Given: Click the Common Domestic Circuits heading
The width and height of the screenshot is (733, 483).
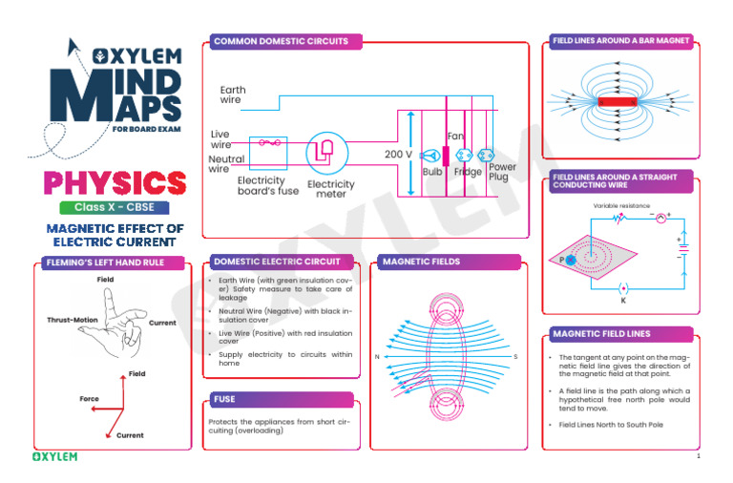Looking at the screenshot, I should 286,42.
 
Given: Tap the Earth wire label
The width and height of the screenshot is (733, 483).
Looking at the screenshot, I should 232,94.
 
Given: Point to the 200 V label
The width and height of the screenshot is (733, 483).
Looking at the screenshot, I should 398,154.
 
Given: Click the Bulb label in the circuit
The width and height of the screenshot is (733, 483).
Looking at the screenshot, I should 432,172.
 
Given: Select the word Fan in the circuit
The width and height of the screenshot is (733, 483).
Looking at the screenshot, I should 455,137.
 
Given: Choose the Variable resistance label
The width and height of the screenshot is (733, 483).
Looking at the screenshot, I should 620,205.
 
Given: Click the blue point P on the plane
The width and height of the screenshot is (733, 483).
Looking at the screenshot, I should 570,259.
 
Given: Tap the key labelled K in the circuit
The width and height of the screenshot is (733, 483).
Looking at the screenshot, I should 623,287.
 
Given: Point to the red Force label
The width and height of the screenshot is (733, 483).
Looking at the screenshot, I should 89,399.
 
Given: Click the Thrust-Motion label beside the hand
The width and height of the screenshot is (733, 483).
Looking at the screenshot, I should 73,320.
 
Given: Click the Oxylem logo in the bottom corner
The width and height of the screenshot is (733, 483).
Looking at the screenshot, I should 55,456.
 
